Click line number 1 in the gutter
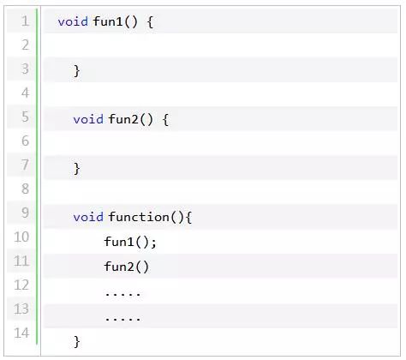point(26,21)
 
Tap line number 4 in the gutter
point(26,93)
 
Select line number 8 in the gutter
point(26,189)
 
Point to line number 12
point(21,285)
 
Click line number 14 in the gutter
point(21,333)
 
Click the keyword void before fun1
point(73,21)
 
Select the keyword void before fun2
point(88,119)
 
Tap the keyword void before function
point(88,217)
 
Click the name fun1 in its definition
point(108,21)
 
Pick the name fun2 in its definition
point(123,119)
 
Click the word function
point(139,217)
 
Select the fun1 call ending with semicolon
point(130,242)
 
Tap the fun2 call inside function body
point(127,267)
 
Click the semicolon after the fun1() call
point(154,243)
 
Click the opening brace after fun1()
point(150,21)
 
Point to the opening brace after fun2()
point(165,119)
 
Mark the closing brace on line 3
point(77,70)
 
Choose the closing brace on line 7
point(77,168)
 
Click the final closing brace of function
point(77,341)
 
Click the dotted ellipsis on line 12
point(122,293)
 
